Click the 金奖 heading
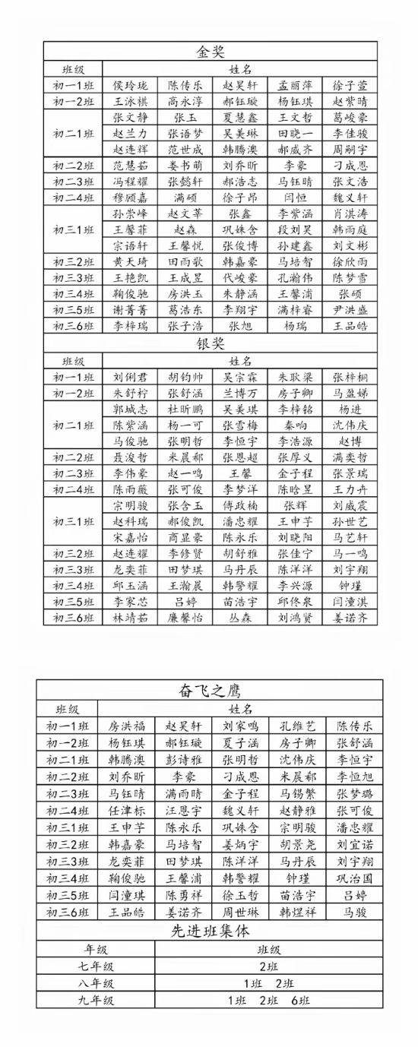pyautogui.click(x=210, y=52)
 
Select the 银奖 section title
pyautogui.click(x=210, y=344)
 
